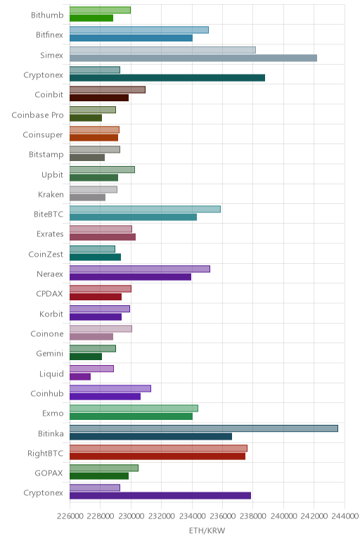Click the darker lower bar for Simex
(193, 58)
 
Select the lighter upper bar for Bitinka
(203, 428)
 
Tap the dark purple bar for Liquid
(80, 376)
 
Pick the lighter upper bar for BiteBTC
(145, 209)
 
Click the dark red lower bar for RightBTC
(157, 456)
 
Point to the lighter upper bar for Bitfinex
(139, 30)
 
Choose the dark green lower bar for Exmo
(131, 416)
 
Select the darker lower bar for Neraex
(130, 276)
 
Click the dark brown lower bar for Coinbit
(99, 98)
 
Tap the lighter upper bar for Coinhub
(110, 388)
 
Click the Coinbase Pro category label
(37, 115)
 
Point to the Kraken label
(51, 195)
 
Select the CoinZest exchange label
(46, 255)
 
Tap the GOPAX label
(49, 473)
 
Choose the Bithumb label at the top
(47, 15)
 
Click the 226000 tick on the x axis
(70, 516)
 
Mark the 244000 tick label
(345, 516)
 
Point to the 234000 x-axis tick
(192, 516)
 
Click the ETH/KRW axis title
(207, 530)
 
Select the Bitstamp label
(46, 155)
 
